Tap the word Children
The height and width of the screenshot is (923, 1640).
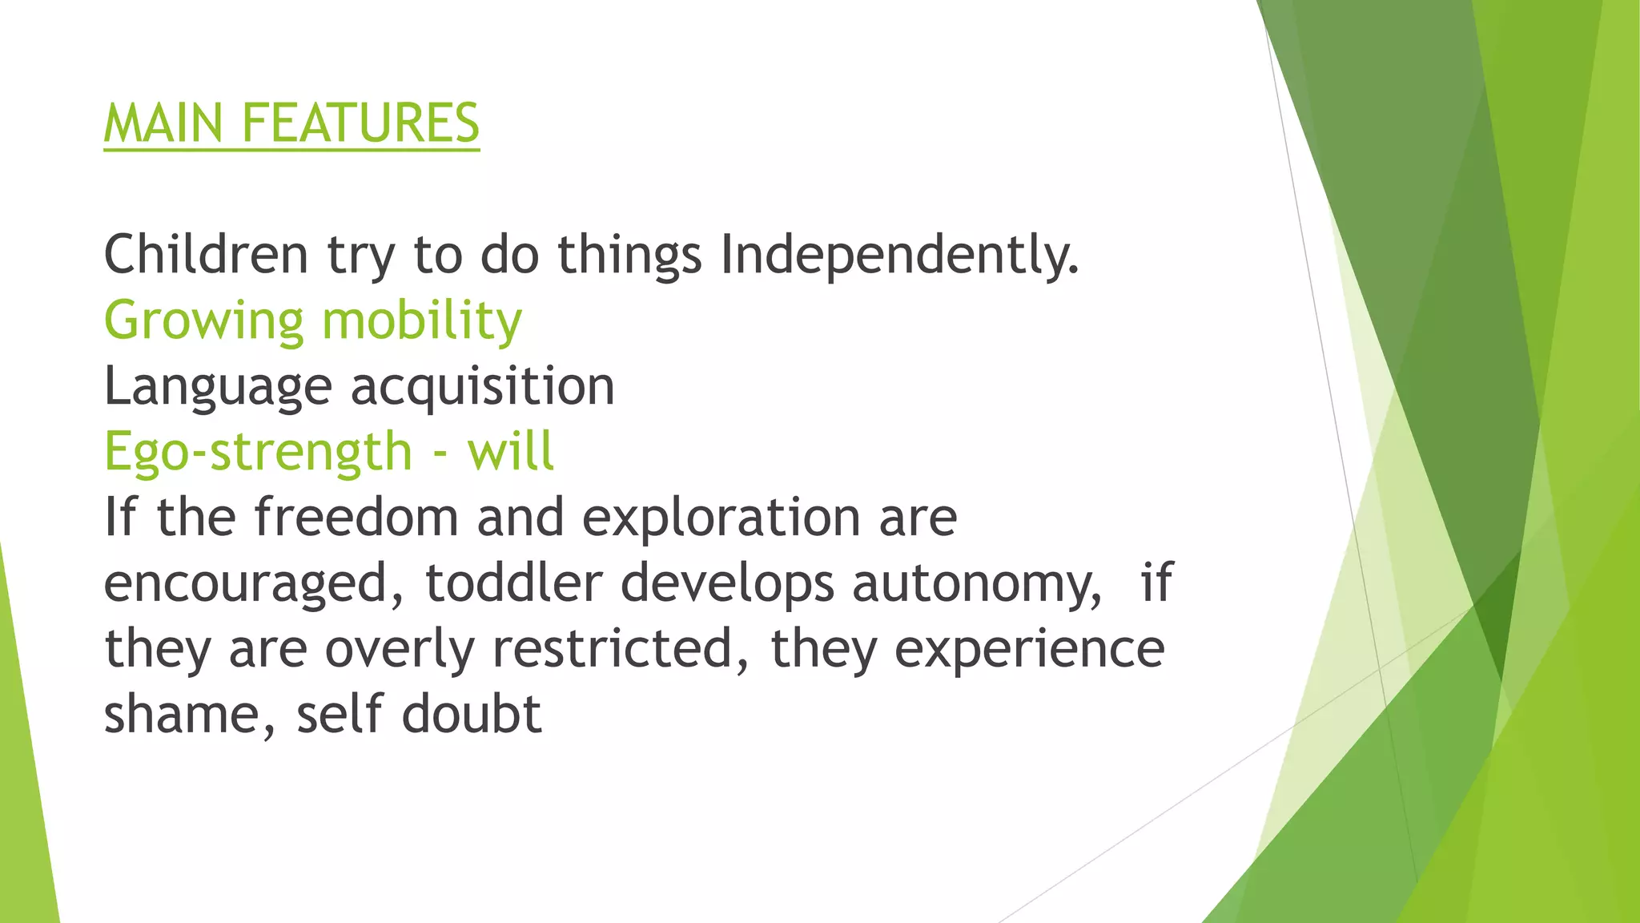pyautogui.click(x=206, y=255)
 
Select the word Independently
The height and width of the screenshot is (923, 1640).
pyautogui.click(x=899, y=255)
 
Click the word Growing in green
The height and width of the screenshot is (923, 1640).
pyautogui.click(x=203, y=321)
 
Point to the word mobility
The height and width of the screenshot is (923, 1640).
pyautogui.click(x=421, y=321)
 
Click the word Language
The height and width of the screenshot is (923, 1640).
pyautogui.click(x=218, y=387)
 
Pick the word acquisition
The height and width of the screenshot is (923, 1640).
pyautogui.click(x=482, y=387)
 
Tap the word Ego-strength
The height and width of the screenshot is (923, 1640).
pyautogui.click(x=258, y=452)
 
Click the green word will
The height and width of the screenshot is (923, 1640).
pyautogui.click(x=510, y=452)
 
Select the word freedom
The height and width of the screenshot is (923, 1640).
pyautogui.click(x=356, y=517)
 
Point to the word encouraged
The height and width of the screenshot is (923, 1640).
pyautogui.click(x=253, y=583)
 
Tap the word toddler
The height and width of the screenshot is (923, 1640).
pyautogui.click(x=513, y=583)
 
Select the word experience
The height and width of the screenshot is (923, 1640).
pyautogui.click(x=1029, y=649)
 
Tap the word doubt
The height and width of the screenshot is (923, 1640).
pyautogui.click(x=472, y=715)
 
